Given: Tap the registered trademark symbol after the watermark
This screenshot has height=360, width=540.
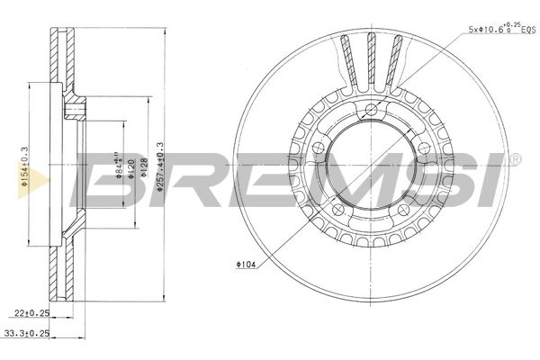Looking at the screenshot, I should point(515,159).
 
